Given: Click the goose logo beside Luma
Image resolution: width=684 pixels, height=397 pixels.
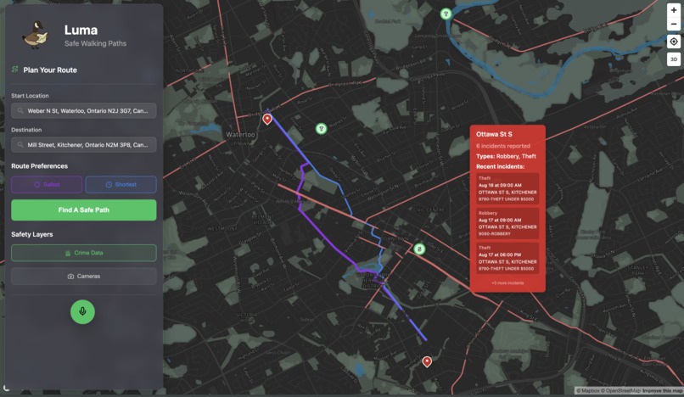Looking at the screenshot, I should click(35, 35).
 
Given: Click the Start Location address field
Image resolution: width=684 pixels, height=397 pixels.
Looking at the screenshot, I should click(84, 110).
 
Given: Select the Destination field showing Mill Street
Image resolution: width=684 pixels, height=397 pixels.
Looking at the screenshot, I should click(84, 145).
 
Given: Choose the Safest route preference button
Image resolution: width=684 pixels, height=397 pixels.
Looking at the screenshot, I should click(47, 184).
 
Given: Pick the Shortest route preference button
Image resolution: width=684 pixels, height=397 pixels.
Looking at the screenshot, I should click(121, 184).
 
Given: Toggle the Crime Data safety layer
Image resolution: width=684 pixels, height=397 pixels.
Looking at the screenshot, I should click(84, 253).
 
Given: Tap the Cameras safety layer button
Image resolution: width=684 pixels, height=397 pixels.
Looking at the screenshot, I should click(84, 276).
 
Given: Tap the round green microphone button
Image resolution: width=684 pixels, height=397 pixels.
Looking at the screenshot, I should click(82, 311).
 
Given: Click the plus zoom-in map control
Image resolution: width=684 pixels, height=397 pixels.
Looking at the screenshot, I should click(674, 10).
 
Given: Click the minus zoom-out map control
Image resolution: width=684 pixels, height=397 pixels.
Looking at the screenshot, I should click(674, 24).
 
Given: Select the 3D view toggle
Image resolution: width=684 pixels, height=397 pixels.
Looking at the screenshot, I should click(674, 59).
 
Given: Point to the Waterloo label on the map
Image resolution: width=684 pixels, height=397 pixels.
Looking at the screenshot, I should click(240, 135).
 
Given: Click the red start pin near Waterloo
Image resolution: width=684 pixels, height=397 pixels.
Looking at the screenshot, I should click(267, 119).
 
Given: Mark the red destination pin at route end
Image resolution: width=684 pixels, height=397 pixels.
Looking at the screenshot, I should click(427, 361).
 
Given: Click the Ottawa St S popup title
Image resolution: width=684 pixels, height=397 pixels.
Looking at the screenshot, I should click(495, 134).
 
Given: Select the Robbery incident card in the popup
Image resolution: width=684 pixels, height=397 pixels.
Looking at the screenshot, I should click(507, 223).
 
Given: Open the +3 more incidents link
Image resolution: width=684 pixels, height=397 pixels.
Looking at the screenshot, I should click(507, 282).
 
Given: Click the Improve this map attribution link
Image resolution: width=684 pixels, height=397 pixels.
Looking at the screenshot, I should click(662, 391).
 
